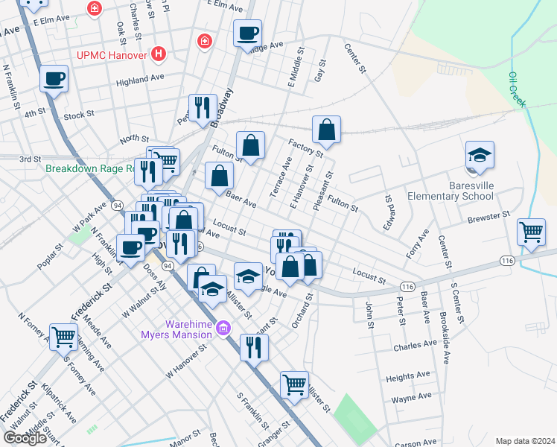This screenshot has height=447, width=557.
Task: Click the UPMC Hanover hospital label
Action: coord(112,54)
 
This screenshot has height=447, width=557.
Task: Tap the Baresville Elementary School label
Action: coord(451,191)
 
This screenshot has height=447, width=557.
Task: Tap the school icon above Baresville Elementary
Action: coord(480,155)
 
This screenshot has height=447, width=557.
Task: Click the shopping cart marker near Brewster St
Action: coord(532,232)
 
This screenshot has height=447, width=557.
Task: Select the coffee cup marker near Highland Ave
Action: coord(54,78)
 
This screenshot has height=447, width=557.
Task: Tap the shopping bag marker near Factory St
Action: coord(326,130)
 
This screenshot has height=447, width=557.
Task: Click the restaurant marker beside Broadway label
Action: coord(202,107)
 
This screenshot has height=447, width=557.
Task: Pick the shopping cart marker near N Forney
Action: coord(64,337)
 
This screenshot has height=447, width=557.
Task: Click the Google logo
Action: coord(25,437)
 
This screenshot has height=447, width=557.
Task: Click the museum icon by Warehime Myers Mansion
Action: coord(223,329)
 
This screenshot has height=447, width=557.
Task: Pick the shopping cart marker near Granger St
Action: coord(295,385)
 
